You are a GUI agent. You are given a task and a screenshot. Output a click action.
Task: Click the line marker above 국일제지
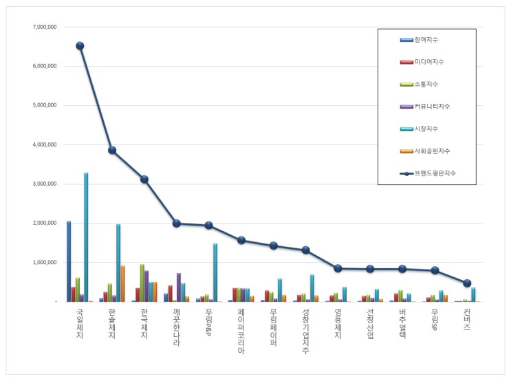tap(80, 46)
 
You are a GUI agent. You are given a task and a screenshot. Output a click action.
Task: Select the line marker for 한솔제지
tap(112, 150)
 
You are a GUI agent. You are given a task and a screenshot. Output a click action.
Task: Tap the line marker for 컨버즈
tap(467, 283)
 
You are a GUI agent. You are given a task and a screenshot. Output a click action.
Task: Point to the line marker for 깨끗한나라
tap(177, 224)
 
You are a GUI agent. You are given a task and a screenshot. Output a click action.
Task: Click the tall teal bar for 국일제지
tap(86, 237)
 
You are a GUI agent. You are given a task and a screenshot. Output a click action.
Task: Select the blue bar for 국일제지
tap(69, 261)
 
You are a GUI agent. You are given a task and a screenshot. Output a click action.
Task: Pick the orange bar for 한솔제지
tap(122, 283)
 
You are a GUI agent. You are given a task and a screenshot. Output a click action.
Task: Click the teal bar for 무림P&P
tap(215, 272)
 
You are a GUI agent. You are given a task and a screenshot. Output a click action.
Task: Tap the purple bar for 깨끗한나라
tap(179, 287)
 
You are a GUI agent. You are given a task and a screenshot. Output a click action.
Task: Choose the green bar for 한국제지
tap(142, 283)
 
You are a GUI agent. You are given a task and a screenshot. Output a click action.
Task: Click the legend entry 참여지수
tap(419, 40)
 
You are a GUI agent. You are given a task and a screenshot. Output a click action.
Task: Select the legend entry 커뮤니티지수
tap(425, 107)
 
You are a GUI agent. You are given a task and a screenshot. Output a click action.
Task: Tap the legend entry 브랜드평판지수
tap(428, 173)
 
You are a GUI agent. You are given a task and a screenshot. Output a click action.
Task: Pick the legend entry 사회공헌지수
tap(425, 151)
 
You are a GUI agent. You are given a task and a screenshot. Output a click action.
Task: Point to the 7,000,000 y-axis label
tap(45, 27)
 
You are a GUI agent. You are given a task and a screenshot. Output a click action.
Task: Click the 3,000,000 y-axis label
tap(45, 184)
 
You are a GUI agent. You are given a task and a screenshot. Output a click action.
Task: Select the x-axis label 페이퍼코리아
tap(241, 331)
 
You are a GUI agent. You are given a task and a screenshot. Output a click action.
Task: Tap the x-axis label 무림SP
tap(435, 320)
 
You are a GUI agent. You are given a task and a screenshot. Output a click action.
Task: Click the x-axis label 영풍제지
tap(338, 324)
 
